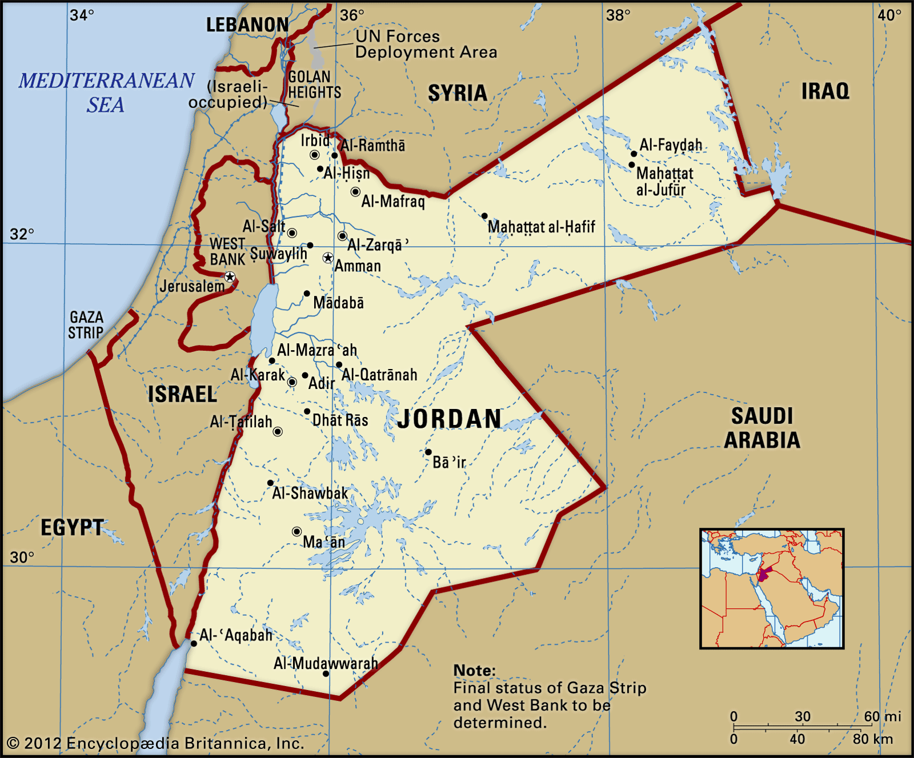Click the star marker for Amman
(328, 258)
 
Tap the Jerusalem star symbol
(230, 277)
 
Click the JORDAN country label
(450, 419)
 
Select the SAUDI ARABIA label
(762, 428)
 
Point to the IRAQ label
(825, 91)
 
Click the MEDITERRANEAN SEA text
(106, 92)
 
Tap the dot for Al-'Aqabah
(194, 644)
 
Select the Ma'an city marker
(296, 532)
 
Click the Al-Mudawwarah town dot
(326, 674)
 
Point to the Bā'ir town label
(449, 462)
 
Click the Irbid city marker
(314, 155)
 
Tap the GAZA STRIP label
(86, 325)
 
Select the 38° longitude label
(618, 15)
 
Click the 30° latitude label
(22, 558)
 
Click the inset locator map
(772, 588)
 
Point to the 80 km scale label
(872, 739)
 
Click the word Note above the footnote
(474, 670)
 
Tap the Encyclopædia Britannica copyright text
(155, 743)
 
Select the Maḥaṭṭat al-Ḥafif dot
(484, 216)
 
